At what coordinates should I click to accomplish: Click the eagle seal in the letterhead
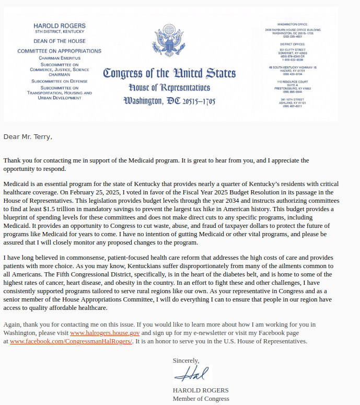pyautogui.click(x=169, y=40)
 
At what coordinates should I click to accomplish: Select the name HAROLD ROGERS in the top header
pyautogui.click(x=60, y=26)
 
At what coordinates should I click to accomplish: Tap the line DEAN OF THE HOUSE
pyautogui.click(x=60, y=41)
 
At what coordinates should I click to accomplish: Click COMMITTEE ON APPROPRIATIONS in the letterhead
pyautogui.click(x=60, y=51)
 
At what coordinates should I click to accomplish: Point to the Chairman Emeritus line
pyautogui.click(x=60, y=58)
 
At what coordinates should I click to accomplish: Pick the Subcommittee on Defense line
pyautogui.click(x=60, y=82)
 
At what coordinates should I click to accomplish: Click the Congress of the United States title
pyautogui.click(x=169, y=73)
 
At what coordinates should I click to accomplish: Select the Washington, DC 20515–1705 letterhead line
pyautogui.click(x=169, y=100)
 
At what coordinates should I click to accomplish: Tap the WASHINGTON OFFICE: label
pyautogui.click(x=293, y=25)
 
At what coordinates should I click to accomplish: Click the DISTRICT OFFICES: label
pyautogui.click(x=293, y=44)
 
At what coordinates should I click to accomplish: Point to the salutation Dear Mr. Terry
pyautogui.click(x=28, y=137)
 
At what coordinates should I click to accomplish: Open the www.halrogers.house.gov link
pyautogui.click(x=104, y=333)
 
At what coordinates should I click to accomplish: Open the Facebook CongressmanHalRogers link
pyautogui.click(x=71, y=341)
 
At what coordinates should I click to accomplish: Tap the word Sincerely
pyautogui.click(x=186, y=361)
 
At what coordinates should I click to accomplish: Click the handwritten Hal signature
pyautogui.click(x=191, y=375)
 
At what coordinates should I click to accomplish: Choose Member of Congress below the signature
pyautogui.click(x=201, y=399)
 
